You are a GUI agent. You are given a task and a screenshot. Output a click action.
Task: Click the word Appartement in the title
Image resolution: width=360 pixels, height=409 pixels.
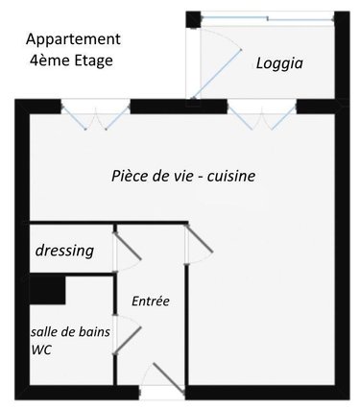coord(73,39)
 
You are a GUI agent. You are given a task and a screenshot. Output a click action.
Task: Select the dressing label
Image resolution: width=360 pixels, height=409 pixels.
coord(64,251)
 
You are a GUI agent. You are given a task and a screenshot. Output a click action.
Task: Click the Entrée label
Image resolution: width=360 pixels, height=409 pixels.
coord(151,301)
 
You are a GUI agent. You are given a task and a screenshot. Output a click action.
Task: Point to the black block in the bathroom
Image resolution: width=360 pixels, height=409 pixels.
coord(46,287)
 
